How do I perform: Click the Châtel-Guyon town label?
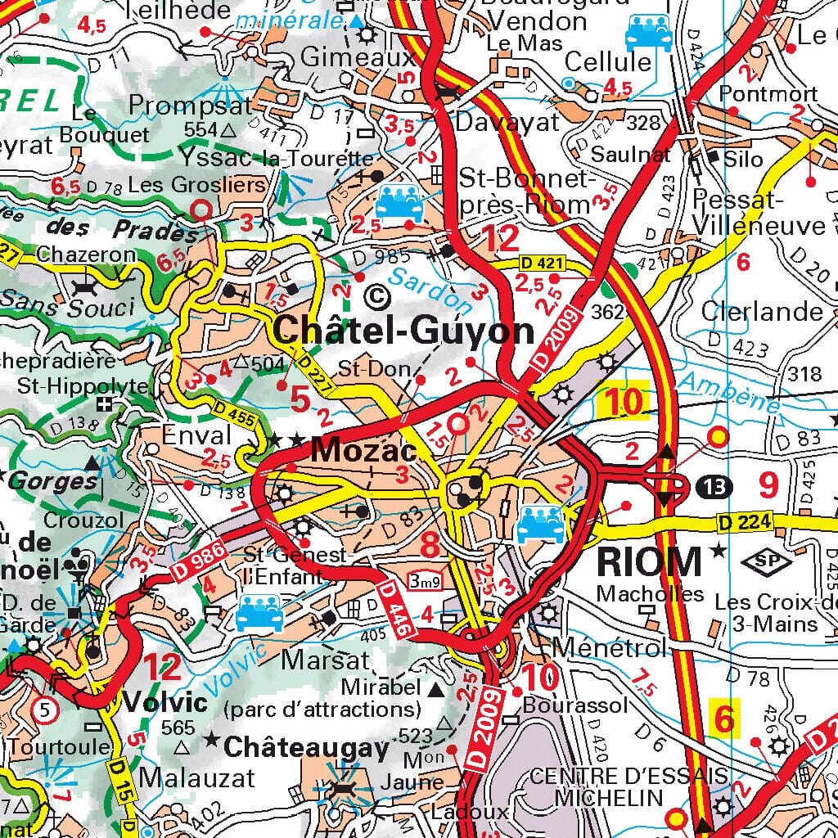(404, 331)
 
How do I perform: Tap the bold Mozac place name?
(364, 449)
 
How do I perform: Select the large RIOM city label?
(649, 562)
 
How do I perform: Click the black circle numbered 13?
(715, 487)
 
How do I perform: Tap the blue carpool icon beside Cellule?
(648, 34)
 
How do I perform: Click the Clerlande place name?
(762, 311)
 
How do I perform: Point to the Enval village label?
(197, 435)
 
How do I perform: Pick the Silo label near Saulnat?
(742, 159)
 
